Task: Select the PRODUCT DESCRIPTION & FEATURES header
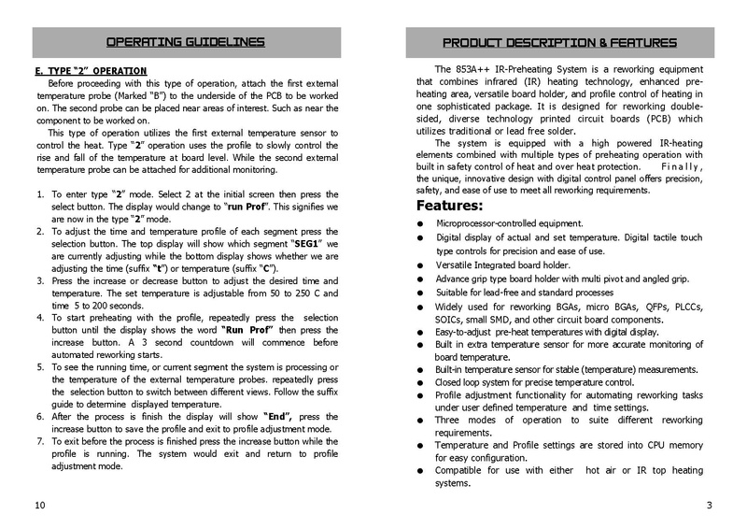click(559, 43)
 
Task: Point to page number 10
click(38, 506)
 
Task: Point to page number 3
click(710, 506)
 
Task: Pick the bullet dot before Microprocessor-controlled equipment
click(422, 224)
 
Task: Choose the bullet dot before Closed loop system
click(422, 382)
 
